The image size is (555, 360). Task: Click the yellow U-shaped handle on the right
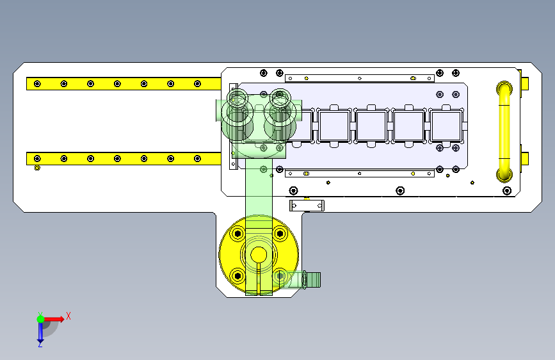[504, 131]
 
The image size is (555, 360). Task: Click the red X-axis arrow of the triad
[54, 319]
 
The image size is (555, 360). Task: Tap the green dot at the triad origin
[40, 319]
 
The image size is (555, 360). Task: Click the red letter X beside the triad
[68, 316]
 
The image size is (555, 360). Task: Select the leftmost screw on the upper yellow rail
[37, 84]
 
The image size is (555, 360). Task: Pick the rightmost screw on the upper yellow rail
[198, 84]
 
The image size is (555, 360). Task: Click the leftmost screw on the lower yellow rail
[37, 158]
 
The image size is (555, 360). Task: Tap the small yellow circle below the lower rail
[37, 168]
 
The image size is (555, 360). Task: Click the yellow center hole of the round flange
[259, 254]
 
